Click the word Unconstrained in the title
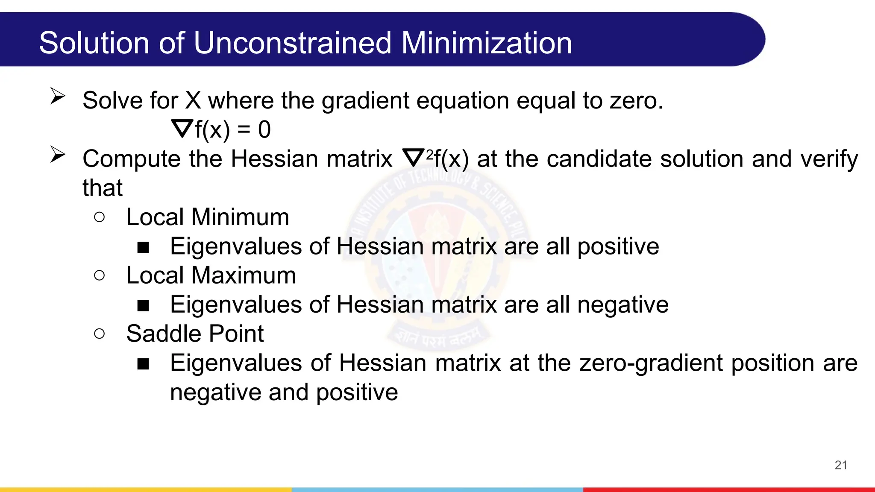tap(292, 43)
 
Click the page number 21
tap(840, 465)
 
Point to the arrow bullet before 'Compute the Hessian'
tap(58, 154)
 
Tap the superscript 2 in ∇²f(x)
tap(429, 153)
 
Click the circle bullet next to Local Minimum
tap(99, 217)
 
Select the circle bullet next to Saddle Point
tap(99, 334)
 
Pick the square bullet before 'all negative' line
tap(143, 305)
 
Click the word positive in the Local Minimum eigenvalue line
tap(618, 247)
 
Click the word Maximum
tap(243, 275)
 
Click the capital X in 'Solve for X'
tap(193, 101)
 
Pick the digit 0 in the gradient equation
tap(264, 129)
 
